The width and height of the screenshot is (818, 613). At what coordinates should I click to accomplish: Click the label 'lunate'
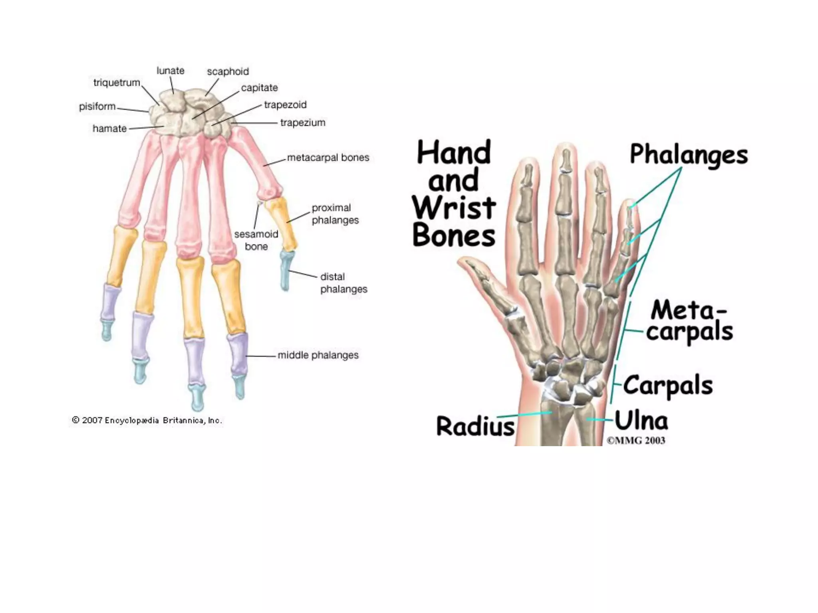[170, 71]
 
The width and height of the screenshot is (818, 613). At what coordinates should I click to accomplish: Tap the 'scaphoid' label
[228, 71]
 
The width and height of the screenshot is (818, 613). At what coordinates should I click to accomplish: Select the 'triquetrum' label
[117, 83]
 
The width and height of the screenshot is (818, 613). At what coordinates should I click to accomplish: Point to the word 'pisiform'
[97, 107]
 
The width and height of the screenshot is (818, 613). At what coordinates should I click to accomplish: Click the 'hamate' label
[109, 129]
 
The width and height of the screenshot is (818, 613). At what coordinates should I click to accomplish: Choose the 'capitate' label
[259, 88]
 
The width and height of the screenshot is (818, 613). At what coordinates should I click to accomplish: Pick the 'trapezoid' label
[285, 105]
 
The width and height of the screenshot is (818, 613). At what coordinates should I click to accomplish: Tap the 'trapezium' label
[302, 123]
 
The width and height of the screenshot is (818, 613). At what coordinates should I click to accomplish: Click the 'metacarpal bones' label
[328, 158]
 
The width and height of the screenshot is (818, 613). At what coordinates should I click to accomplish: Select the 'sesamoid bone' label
[256, 240]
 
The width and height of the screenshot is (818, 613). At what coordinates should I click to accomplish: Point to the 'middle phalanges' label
[318, 355]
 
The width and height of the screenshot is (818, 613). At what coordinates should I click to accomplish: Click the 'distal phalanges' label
[343, 283]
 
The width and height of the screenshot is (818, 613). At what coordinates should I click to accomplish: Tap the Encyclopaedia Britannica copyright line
[147, 420]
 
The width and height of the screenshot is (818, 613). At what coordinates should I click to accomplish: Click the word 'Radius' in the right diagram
[475, 426]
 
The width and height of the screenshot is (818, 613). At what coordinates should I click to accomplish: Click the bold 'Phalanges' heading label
[689, 155]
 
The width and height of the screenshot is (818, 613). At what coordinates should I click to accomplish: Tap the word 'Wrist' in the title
[454, 208]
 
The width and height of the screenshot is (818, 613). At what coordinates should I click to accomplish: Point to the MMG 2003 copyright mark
[636, 441]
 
